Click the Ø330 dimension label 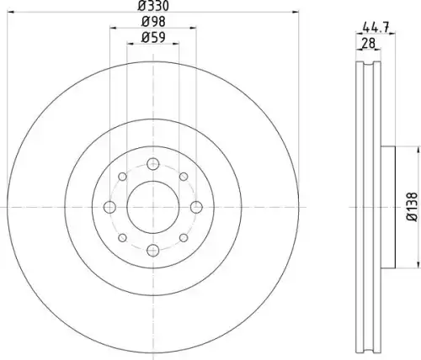(153, 6)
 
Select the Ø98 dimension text (153, 22)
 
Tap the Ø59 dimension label (153, 37)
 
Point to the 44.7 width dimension (376, 28)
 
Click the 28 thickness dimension (368, 44)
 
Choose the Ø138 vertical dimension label (413, 207)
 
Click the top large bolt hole (153, 164)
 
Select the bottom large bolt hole (153, 251)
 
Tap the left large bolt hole (109, 207)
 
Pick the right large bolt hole (196, 207)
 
